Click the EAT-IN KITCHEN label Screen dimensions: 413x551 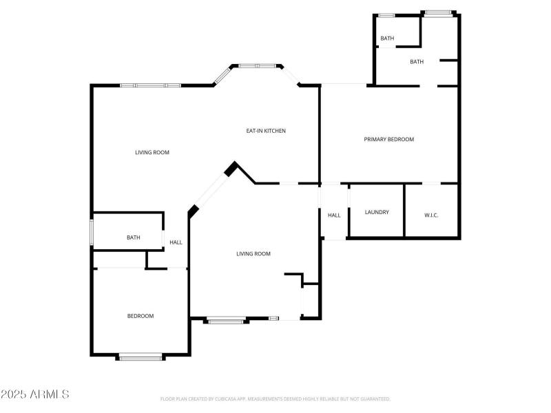pyautogui.click(x=266, y=131)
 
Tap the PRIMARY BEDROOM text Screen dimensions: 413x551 pyautogui.click(x=388, y=139)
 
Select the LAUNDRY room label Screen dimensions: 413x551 pyautogui.click(x=377, y=212)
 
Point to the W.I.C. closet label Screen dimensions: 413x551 pyautogui.click(x=431, y=215)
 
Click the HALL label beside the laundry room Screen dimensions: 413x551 pyautogui.click(x=334, y=215)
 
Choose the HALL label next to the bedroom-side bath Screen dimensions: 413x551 pyautogui.click(x=176, y=242)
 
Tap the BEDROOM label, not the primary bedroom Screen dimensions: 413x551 pyautogui.click(x=140, y=316)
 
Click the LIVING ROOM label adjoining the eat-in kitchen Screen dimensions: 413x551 pyautogui.click(x=152, y=152)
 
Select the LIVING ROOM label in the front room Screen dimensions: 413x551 pyautogui.click(x=253, y=254)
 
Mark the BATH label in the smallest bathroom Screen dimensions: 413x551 pyautogui.click(x=387, y=39)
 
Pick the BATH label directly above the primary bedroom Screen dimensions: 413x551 pyautogui.click(x=417, y=62)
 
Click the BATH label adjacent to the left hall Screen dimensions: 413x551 pyautogui.click(x=133, y=237)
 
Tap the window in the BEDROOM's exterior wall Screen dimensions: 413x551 pyautogui.click(x=141, y=356)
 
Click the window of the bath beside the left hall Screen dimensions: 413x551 pyautogui.click(x=92, y=232)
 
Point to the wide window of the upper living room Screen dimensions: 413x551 pyautogui.click(x=150, y=85)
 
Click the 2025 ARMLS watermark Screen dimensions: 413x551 pyautogui.click(x=35, y=394)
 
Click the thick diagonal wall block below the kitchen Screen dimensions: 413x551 pyautogui.click(x=231, y=169)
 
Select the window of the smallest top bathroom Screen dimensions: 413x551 pyautogui.click(x=386, y=15)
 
